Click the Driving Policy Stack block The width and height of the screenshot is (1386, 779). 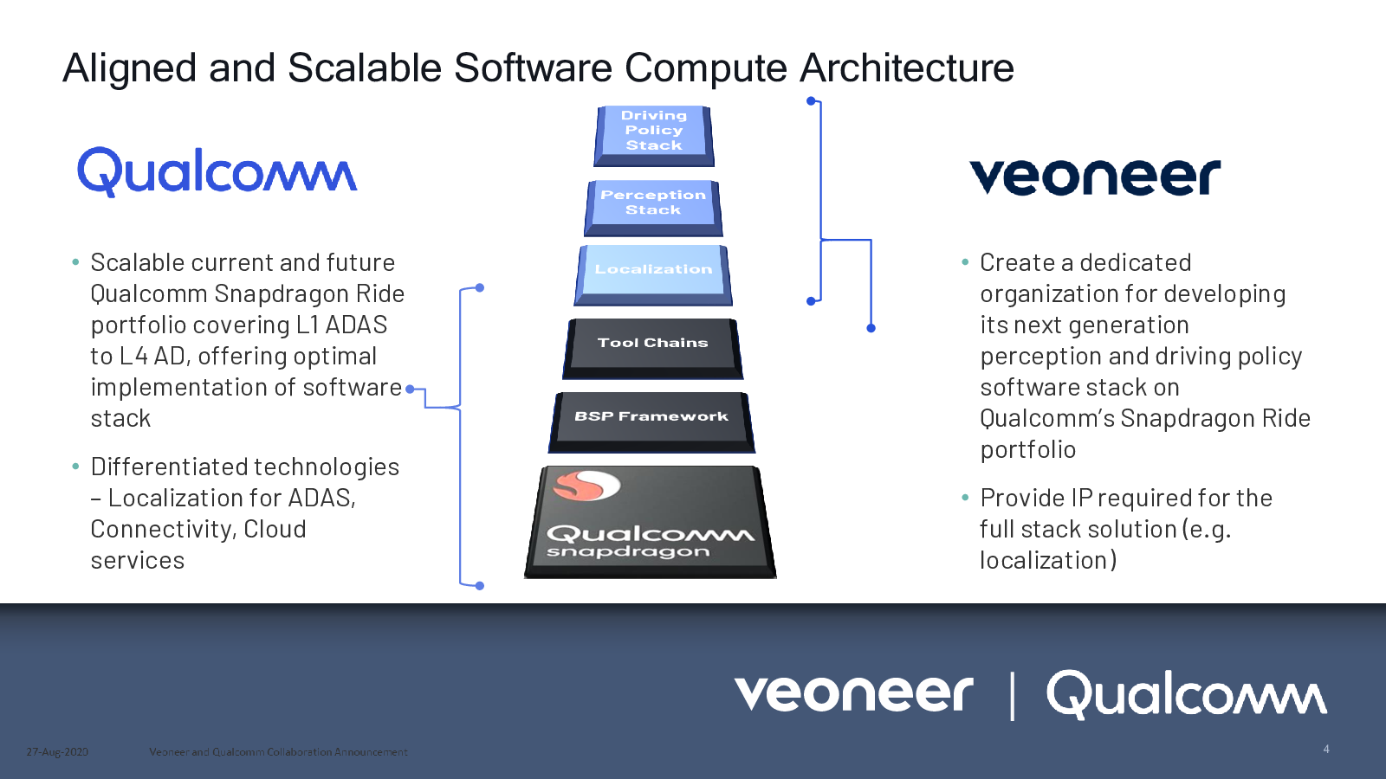654,135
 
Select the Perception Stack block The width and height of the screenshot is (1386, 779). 653,208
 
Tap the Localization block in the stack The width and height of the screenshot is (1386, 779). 653,274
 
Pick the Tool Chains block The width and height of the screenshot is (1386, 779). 653,348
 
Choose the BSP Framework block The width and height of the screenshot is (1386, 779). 651,422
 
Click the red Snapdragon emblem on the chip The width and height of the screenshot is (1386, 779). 586,486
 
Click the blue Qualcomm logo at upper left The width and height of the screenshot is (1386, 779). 217,172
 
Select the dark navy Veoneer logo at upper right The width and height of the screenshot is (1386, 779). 1095,177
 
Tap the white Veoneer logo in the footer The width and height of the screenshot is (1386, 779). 853,693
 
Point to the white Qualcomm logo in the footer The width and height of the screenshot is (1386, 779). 1186,695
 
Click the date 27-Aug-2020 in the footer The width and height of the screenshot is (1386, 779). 57,752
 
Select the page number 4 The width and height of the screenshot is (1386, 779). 1326,749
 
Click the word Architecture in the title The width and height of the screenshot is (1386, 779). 906,68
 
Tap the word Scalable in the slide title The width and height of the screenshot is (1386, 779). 365,68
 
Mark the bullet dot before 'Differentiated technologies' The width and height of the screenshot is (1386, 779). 75,467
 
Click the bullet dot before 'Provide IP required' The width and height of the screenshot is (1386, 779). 965,497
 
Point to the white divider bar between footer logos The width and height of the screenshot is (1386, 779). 1013,697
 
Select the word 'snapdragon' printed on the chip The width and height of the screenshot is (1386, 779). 627,551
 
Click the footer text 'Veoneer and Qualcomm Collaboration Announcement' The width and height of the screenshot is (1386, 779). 278,752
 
